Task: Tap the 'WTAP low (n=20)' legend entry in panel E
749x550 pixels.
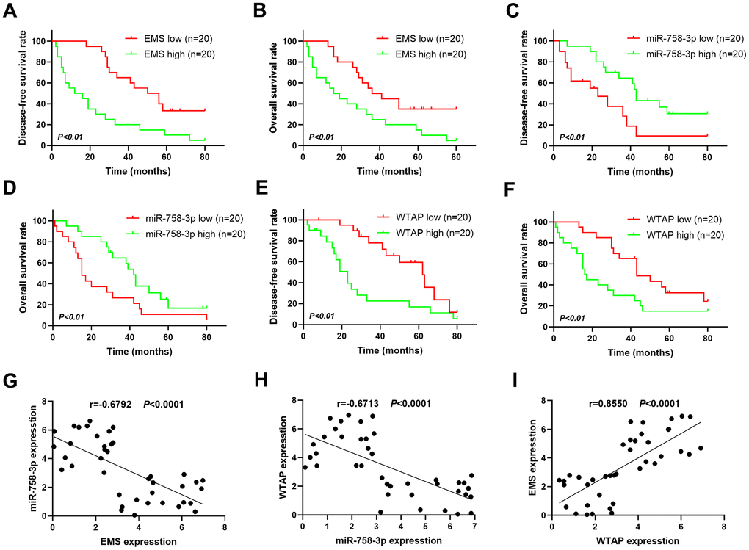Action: (421, 217)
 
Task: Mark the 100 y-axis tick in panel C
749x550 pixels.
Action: (538, 40)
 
